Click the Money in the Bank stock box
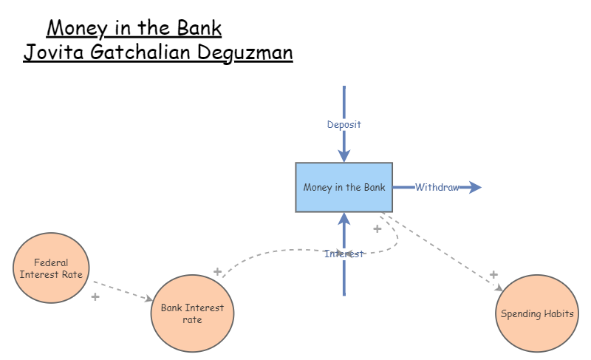(344, 187)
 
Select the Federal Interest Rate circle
(52, 268)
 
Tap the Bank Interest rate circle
(192, 313)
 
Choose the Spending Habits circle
(537, 313)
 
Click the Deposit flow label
(344, 124)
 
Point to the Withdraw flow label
(437, 187)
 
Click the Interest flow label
(344, 254)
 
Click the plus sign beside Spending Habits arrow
(493, 275)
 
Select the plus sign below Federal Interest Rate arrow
(95, 296)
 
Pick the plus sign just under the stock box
(378, 228)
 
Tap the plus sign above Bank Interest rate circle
(217, 271)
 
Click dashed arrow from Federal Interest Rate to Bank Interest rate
(122, 290)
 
